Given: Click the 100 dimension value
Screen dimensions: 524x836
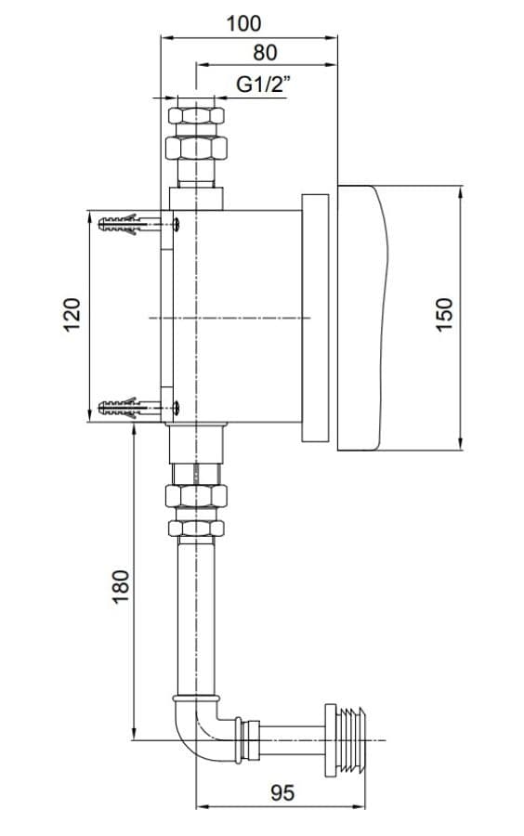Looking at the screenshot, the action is (243, 23).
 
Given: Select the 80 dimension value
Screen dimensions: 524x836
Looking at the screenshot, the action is (265, 53).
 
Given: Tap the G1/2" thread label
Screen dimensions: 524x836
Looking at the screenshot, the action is (263, 85).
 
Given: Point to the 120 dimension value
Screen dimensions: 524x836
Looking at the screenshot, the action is (72, 315).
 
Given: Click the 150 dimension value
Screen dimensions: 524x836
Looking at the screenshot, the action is (443, 315).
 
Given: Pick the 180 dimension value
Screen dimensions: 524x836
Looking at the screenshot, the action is (121, 586).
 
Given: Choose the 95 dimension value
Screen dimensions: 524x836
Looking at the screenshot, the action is (282, 793).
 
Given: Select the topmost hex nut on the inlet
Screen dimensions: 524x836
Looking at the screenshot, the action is (196, 116).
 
